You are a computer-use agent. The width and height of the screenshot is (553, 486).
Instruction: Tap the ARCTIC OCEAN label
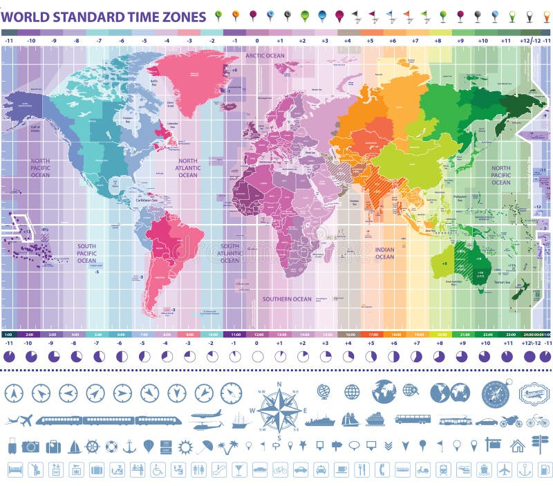point(265,55)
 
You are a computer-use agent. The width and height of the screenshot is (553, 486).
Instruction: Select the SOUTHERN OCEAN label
point(287,299)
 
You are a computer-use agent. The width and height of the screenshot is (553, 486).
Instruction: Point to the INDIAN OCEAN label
point(384,253)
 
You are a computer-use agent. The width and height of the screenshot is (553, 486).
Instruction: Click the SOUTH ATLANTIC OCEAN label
point(229,253)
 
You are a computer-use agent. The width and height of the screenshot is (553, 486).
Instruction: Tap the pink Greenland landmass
point(189,76)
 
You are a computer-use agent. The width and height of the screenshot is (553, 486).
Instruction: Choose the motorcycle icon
point(511,420)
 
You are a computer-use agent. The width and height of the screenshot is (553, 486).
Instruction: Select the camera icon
point(30,447)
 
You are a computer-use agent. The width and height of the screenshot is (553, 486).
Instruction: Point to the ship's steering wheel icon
point(92,447)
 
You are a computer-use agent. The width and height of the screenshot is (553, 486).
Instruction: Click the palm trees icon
point(226,447)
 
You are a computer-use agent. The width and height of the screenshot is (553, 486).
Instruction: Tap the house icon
point(517,446)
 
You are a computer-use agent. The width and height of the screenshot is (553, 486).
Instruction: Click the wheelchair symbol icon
point(158,470)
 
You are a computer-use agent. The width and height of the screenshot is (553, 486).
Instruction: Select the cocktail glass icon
point(239,470)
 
